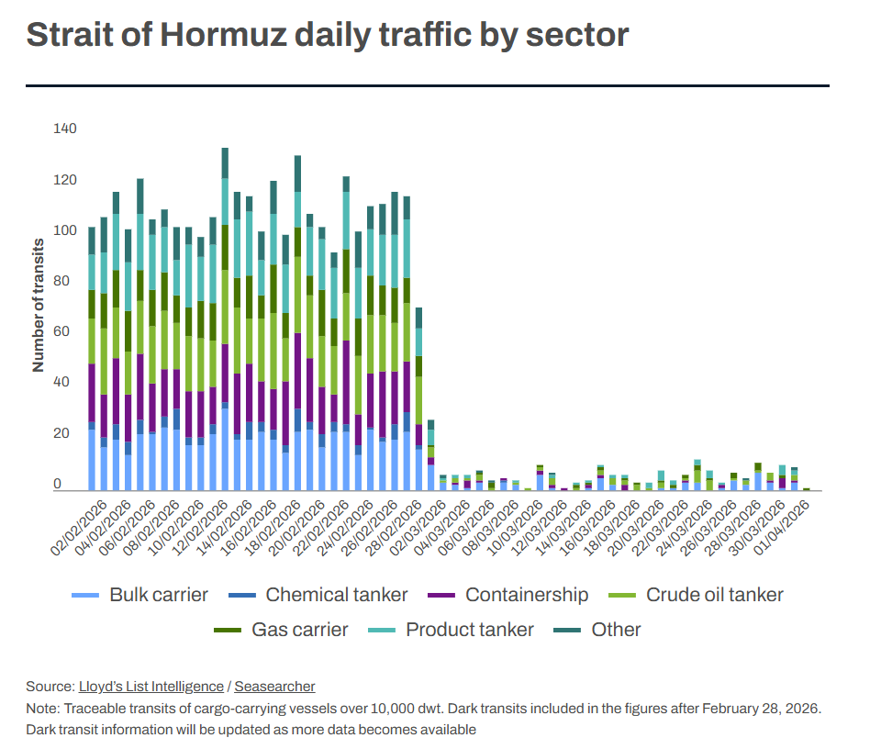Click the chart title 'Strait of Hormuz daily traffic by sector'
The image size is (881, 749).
click(x=327, y=35)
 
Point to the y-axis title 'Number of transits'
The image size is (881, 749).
click(x=39, y=304)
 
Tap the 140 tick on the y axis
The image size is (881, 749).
click(x=65, y=129)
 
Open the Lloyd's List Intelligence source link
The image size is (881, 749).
click(x=151, y=687)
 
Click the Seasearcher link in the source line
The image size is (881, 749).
click(x=274, y=687)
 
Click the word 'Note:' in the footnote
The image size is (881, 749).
click(x=43, y=709)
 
